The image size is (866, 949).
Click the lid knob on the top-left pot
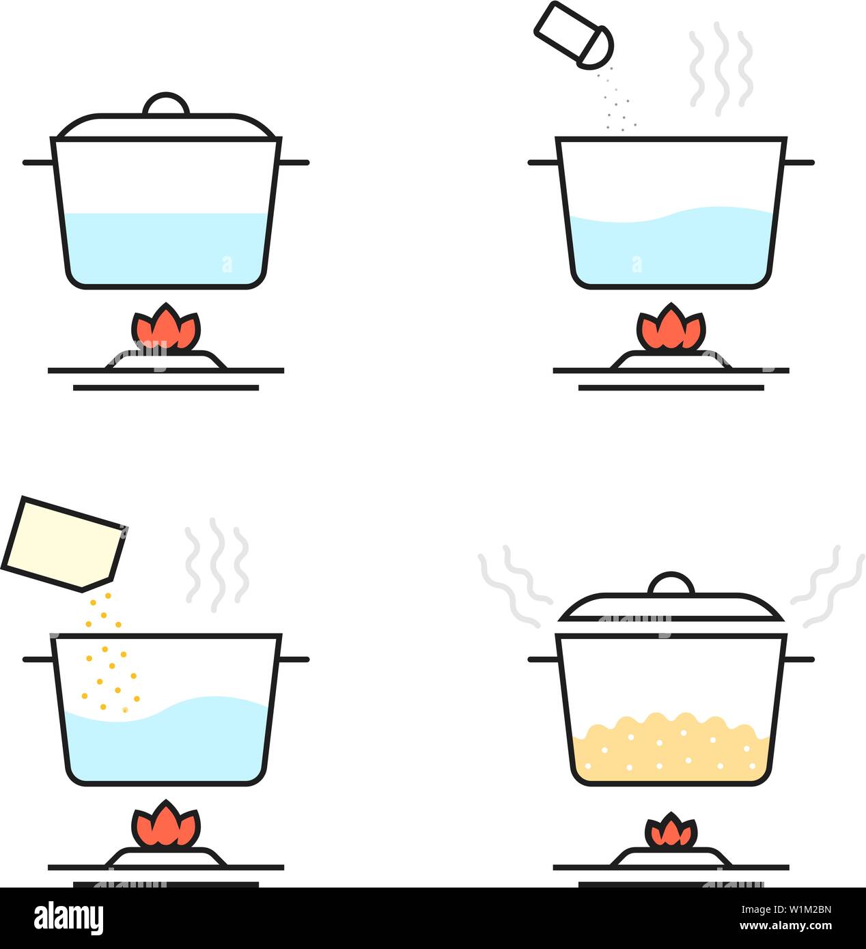point(166,104)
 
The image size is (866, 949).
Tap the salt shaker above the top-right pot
point(573,36)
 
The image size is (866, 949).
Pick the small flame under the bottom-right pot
point(671,832)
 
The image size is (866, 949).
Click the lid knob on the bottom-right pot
point(671,584)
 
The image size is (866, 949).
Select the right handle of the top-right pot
point(799,162)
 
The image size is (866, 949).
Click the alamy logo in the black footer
point(69,918)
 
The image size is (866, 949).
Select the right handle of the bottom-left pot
point(294,660)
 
